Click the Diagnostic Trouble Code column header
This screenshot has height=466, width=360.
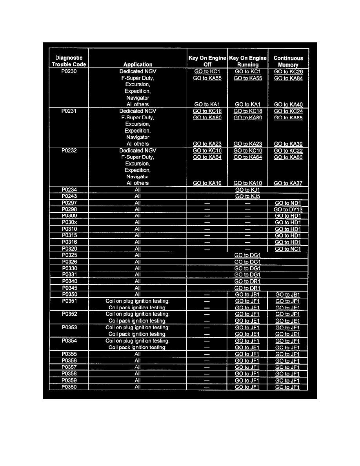69,61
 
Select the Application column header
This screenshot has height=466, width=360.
138,65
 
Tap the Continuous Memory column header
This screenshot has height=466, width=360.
288,61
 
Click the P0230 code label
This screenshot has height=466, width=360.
69,71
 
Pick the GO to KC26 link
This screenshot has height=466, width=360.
288,72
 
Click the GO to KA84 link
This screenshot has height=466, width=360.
288,78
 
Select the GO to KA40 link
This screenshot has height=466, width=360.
288,104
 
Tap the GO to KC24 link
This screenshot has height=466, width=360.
288,111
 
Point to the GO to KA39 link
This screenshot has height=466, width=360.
288,144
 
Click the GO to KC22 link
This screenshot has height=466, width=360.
288,151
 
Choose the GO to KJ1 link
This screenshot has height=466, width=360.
247,190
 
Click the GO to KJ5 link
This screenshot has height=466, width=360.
247,196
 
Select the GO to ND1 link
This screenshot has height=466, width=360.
288,203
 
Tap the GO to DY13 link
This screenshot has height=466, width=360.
288,209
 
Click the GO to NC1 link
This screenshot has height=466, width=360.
288,249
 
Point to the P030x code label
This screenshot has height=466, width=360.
69,222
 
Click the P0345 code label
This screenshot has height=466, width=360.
69,288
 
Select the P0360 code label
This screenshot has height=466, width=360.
69,387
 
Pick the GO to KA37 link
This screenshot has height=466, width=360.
288,183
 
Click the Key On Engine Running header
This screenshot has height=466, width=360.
247,61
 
